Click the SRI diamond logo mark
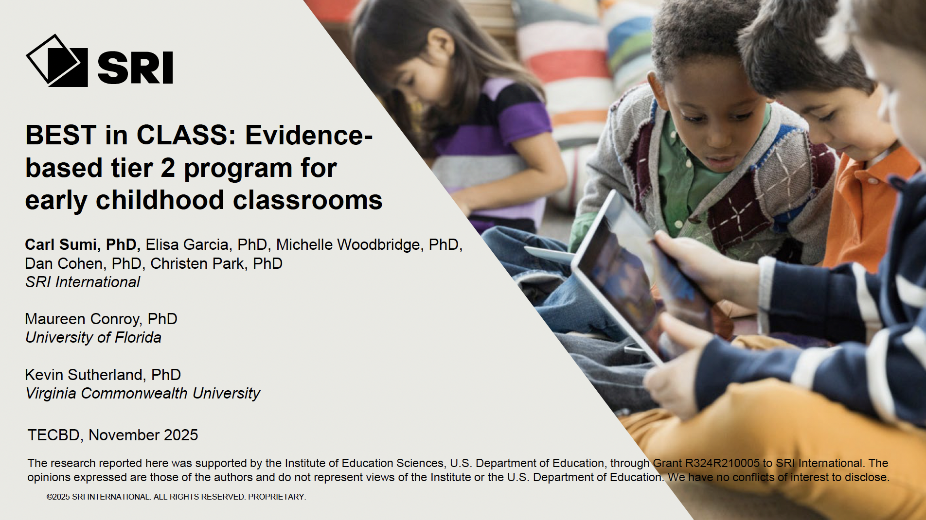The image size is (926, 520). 57,60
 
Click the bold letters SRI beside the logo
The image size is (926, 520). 135,68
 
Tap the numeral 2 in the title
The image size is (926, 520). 168,168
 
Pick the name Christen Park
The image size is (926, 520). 197,263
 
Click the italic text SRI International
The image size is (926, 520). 83,282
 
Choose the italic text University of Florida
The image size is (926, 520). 93,337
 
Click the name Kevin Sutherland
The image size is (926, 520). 85,375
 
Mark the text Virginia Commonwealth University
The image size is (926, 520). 143,393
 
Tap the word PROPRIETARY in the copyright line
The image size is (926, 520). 276,497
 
